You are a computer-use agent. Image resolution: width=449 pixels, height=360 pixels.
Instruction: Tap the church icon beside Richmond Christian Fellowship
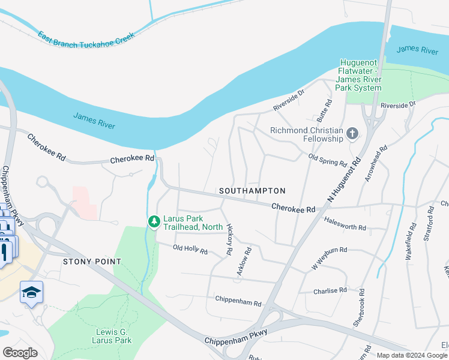[352, 134]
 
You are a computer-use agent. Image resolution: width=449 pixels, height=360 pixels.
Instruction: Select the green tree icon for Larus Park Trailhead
[154, 222]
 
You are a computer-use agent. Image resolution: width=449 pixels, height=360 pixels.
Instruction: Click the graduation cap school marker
[31, 292]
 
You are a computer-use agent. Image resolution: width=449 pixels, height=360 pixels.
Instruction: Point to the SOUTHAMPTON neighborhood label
[252, 190]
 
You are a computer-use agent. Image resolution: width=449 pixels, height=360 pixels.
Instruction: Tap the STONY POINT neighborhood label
[92, 262]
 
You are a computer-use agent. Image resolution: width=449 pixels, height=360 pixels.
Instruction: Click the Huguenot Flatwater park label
[359, 75]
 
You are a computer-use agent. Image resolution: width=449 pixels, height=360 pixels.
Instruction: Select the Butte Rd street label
[324, 109]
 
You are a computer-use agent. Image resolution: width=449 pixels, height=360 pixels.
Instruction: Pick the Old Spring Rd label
[328, 160]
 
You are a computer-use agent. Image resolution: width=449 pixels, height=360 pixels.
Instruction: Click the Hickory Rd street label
[229, 240]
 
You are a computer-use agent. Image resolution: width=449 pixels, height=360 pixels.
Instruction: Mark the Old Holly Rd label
[190, 250]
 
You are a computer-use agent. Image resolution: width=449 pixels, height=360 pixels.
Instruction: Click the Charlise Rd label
[330, 290]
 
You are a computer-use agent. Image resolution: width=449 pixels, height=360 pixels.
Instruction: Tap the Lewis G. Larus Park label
[113, 336]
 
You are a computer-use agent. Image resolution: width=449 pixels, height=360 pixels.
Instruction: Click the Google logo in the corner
[20, 352]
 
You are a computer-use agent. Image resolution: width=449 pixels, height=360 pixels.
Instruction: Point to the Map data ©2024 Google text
[412, 355]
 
